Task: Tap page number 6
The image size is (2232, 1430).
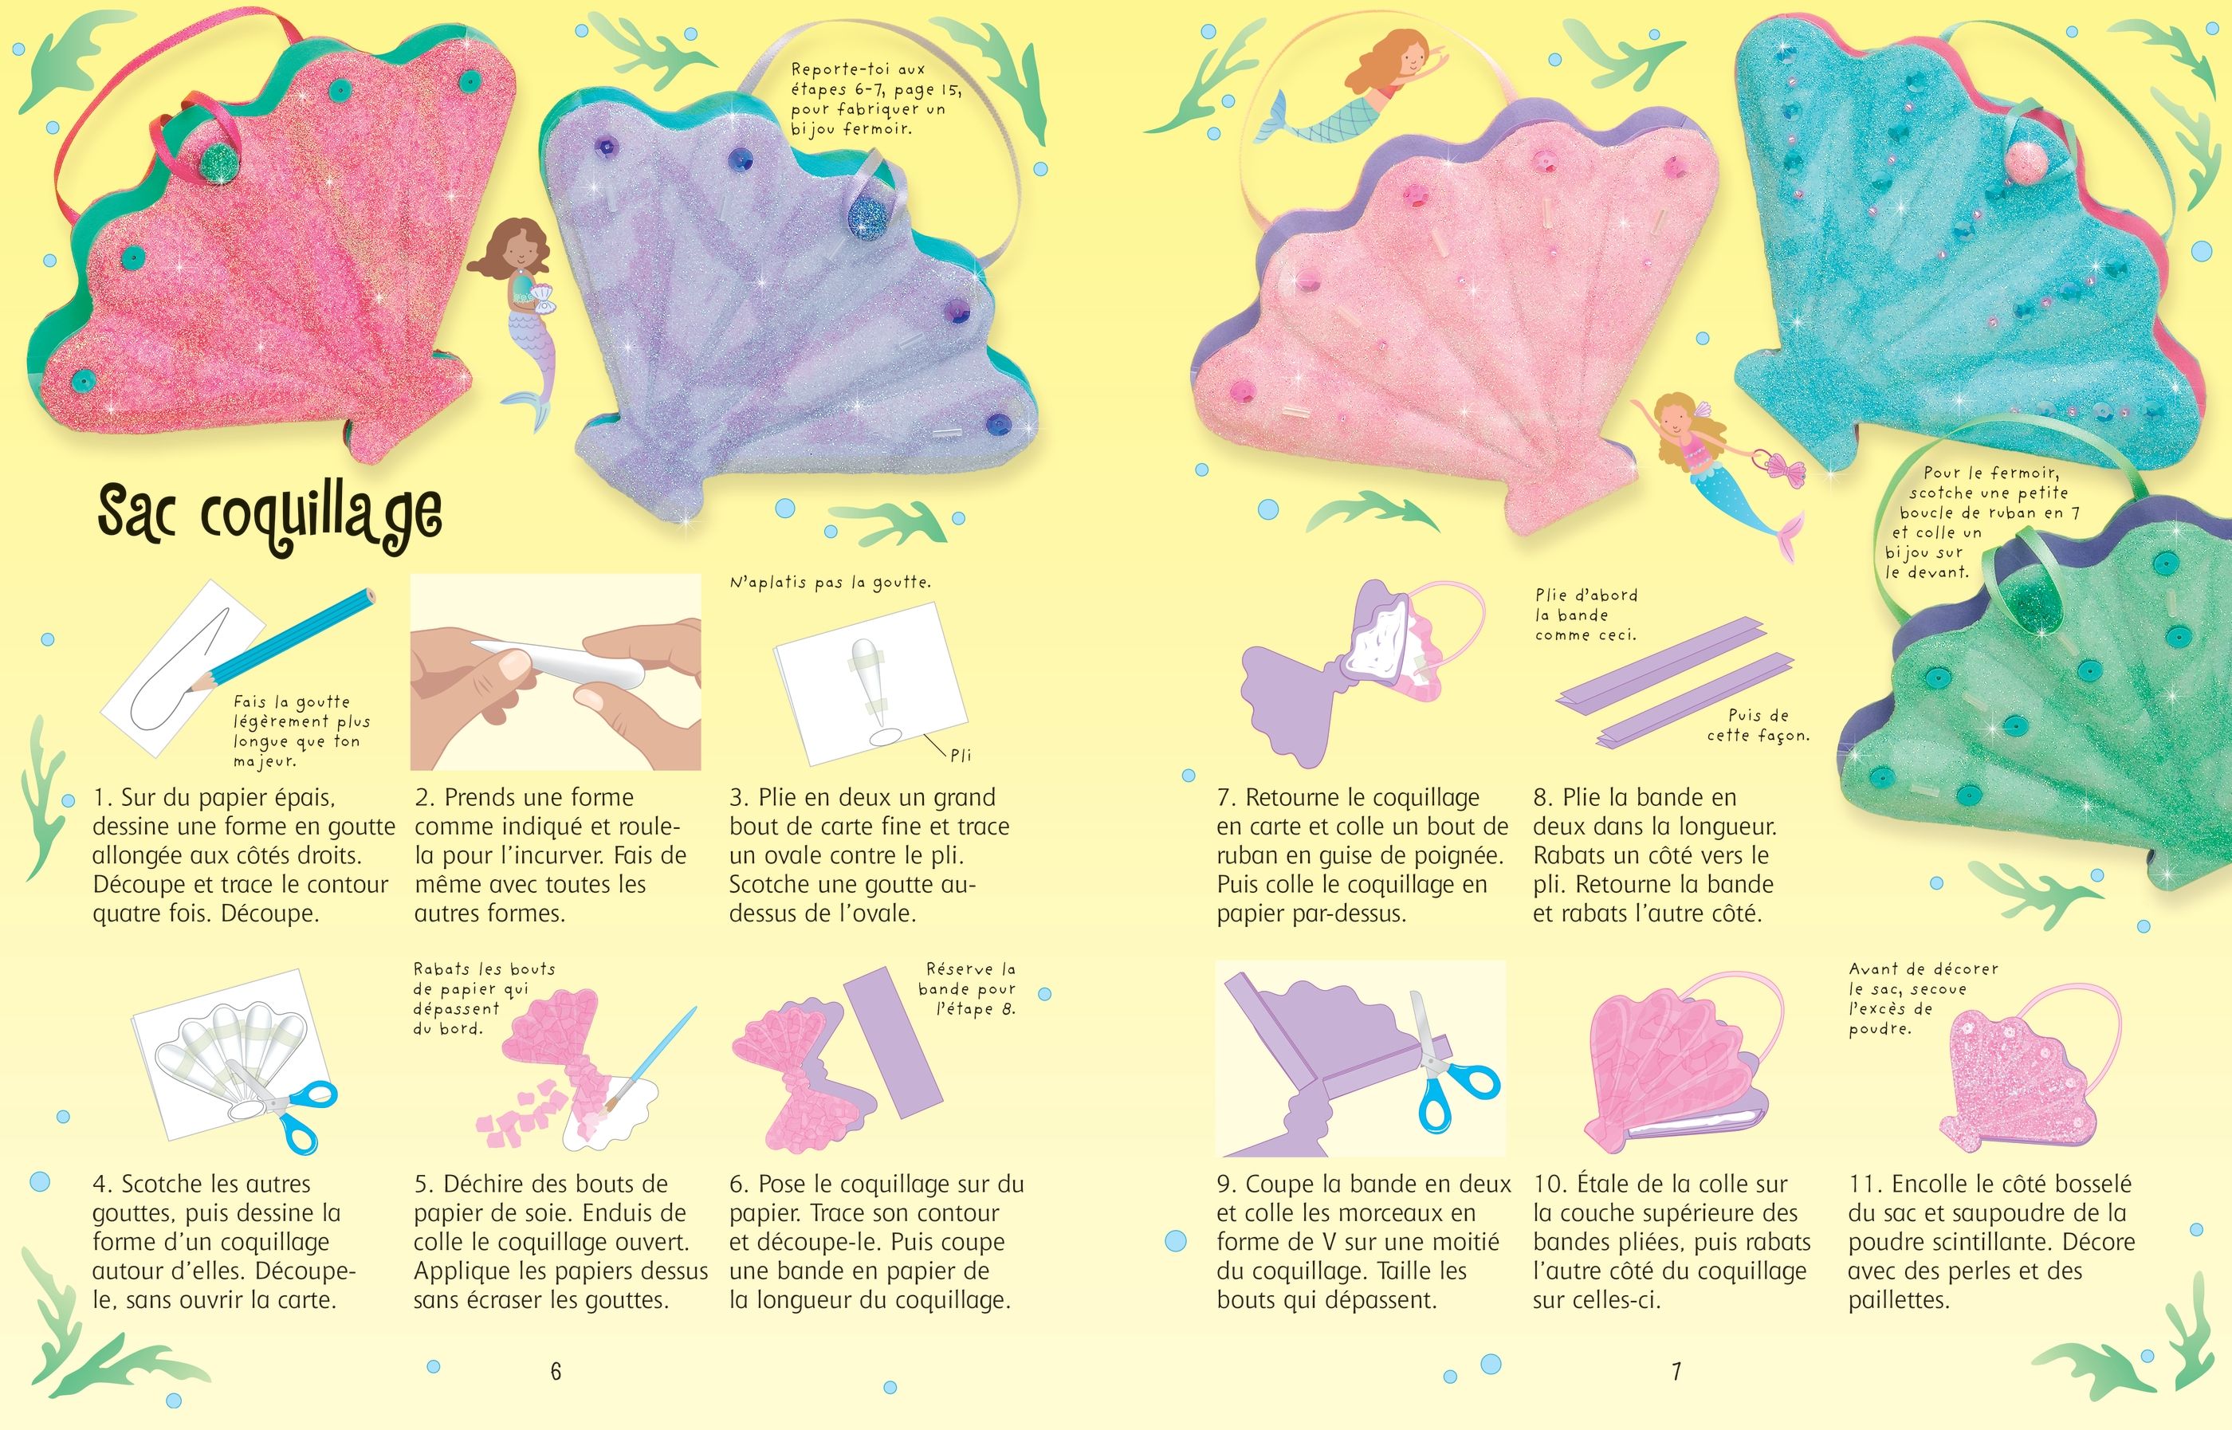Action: (556, 1370)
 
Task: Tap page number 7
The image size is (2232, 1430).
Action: (1676, 1370)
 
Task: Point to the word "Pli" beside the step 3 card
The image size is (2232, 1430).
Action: (960, 755)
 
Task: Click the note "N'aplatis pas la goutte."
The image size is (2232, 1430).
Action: (831, 583)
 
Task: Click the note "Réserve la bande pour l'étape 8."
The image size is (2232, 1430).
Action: (969, 989)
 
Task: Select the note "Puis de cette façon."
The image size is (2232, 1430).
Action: (1758, 725)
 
